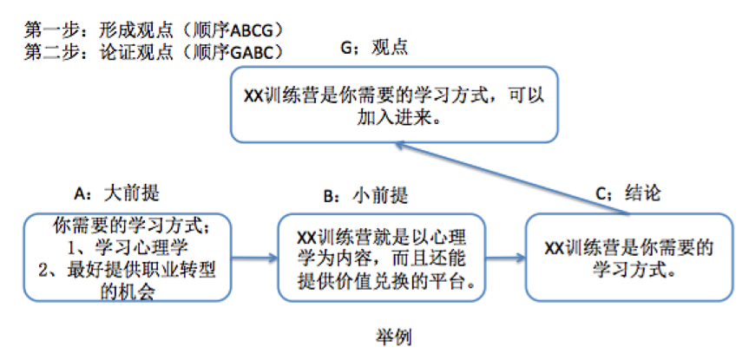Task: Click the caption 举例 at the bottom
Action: coord(373,333)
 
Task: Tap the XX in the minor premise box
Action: coord(306,237)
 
